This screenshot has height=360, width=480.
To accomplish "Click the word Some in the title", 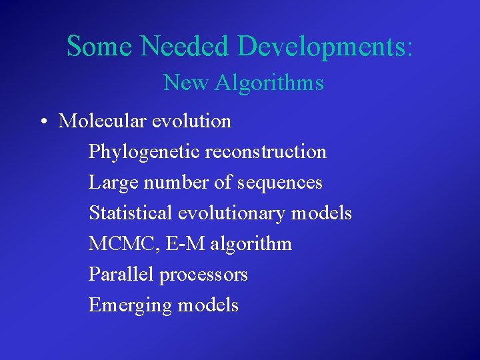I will coord(100,46).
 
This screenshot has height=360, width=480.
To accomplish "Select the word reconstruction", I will coord(266,152).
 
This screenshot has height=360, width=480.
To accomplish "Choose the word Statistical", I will coord(131,213).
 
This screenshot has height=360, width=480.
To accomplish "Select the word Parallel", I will coord(116,275).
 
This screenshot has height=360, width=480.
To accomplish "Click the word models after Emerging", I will coord(208,305).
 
